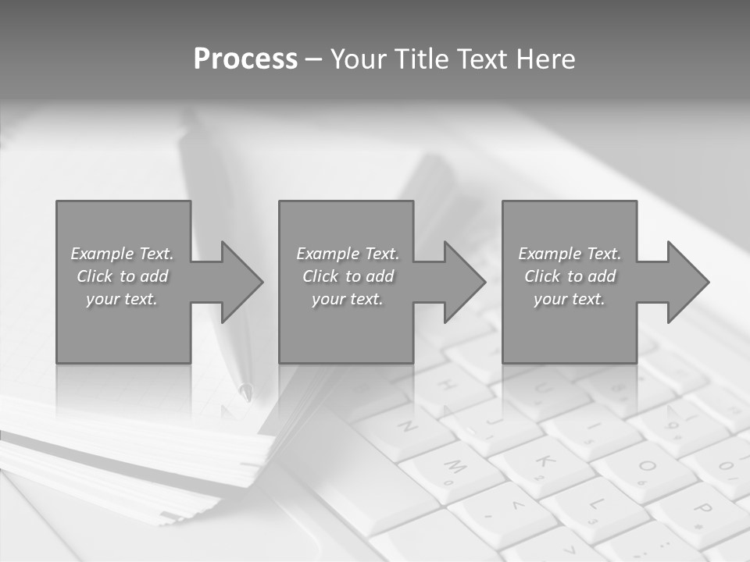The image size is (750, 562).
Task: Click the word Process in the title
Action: point(245,59)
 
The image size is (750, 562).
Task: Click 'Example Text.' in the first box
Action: point(122,254)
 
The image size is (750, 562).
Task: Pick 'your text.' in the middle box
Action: point(347,299)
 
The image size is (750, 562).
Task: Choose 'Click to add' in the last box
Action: point(570,276)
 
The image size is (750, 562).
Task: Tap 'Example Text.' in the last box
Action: point(570,254)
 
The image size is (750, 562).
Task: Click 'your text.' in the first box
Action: point(122,299)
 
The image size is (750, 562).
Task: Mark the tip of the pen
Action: point(247,393)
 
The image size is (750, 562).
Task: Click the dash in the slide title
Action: point(313,59)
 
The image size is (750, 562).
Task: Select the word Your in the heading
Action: point(361,59)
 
